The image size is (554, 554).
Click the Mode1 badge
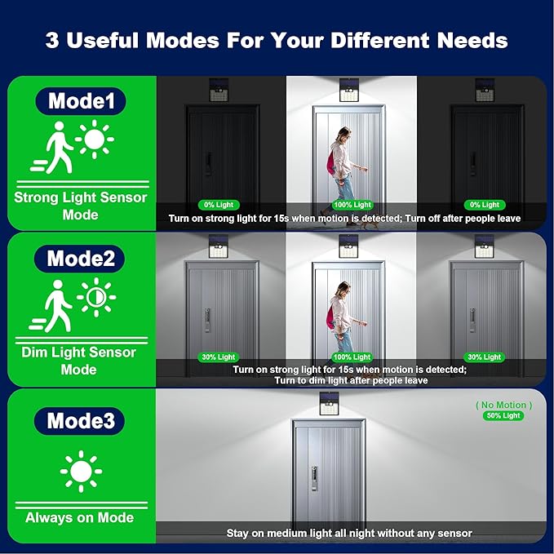(x=81, y=101)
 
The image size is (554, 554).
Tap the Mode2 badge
(x=79, y=259)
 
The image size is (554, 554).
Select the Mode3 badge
(x=79, y=421)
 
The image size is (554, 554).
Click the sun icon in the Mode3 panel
(x=81, y=472)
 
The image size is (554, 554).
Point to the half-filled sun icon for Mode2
(x=96, y=297)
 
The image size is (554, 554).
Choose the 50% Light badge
(x=503, y=415)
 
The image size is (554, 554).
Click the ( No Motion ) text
(x=504, y=405)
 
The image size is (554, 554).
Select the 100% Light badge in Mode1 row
(x=352, y=205)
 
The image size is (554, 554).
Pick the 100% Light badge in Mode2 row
(x=352, y=357)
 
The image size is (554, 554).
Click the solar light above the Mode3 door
(x=330, y=404)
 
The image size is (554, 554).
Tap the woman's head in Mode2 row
(x=343, y=290)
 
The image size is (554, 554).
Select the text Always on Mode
(x=79, y=517)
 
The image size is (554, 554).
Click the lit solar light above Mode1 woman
(x=349, y=90)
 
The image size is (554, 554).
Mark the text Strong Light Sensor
(x=81, y=197)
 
